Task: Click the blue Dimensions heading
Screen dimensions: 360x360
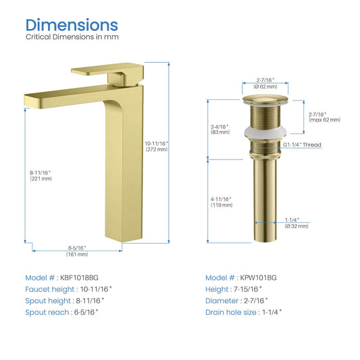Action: [x=72, y=25]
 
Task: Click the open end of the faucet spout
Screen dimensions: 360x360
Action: [x=28, y=101]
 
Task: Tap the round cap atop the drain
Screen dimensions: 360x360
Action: [x=265, y=100]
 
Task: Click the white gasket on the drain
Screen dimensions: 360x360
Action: [x=265, y=134]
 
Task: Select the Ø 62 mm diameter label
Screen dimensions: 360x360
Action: [x=265, y=86]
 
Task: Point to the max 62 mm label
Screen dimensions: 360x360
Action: [x=324, y=120]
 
